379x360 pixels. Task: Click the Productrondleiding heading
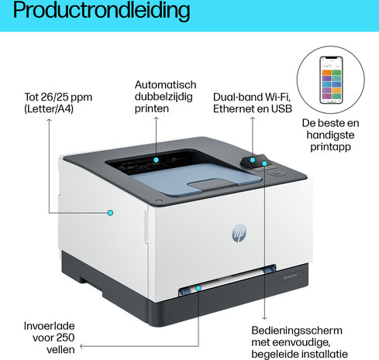(102, 11)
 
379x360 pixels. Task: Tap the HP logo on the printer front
(239, 233)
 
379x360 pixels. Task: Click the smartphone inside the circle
(331, 80)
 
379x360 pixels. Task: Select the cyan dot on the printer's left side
(110, 213)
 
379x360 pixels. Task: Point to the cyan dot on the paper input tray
(198, 288)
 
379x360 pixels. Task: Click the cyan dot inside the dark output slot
(156, 159)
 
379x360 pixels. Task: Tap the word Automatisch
(165, 84)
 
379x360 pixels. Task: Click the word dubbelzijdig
(164, 97)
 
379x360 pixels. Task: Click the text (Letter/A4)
(49, 108)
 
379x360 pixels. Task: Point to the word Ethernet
(235, 108)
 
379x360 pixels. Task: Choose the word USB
(281, 108)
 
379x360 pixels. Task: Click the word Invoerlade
(49, 326)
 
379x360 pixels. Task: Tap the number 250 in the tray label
(65, 338)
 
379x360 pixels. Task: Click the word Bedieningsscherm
(297, 331)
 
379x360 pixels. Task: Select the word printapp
(330, 147)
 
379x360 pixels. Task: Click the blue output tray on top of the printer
(196, 179)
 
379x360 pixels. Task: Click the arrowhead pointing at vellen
(81, 346)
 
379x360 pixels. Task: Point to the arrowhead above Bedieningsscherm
(264, 318)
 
